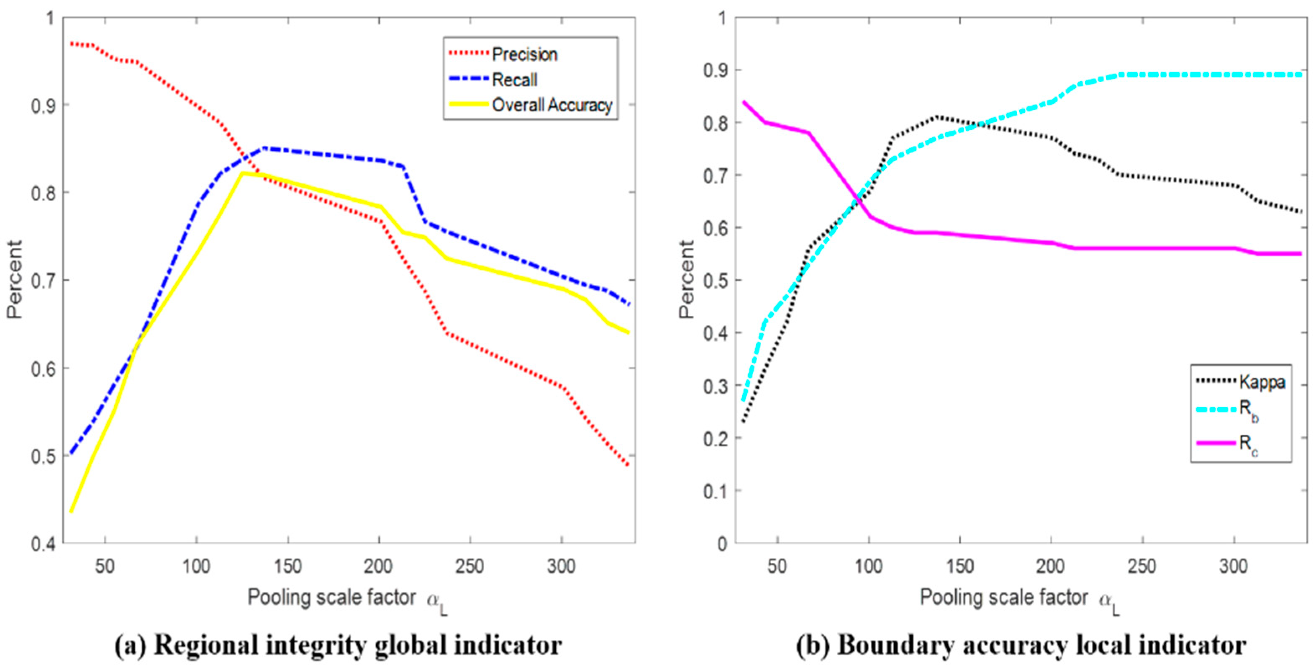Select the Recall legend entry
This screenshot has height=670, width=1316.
(x=514, y=80)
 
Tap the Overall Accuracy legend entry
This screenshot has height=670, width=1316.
(x=552, y=105)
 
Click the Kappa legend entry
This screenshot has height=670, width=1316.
(x=1262, y=382)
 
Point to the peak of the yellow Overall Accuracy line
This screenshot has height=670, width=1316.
(x=243, y=173)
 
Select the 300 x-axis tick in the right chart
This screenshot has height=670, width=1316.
(x=1233, y=566)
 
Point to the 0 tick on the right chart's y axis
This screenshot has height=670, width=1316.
(x=722, y=544)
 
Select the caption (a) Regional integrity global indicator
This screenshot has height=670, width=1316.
(x=338, y=645)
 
